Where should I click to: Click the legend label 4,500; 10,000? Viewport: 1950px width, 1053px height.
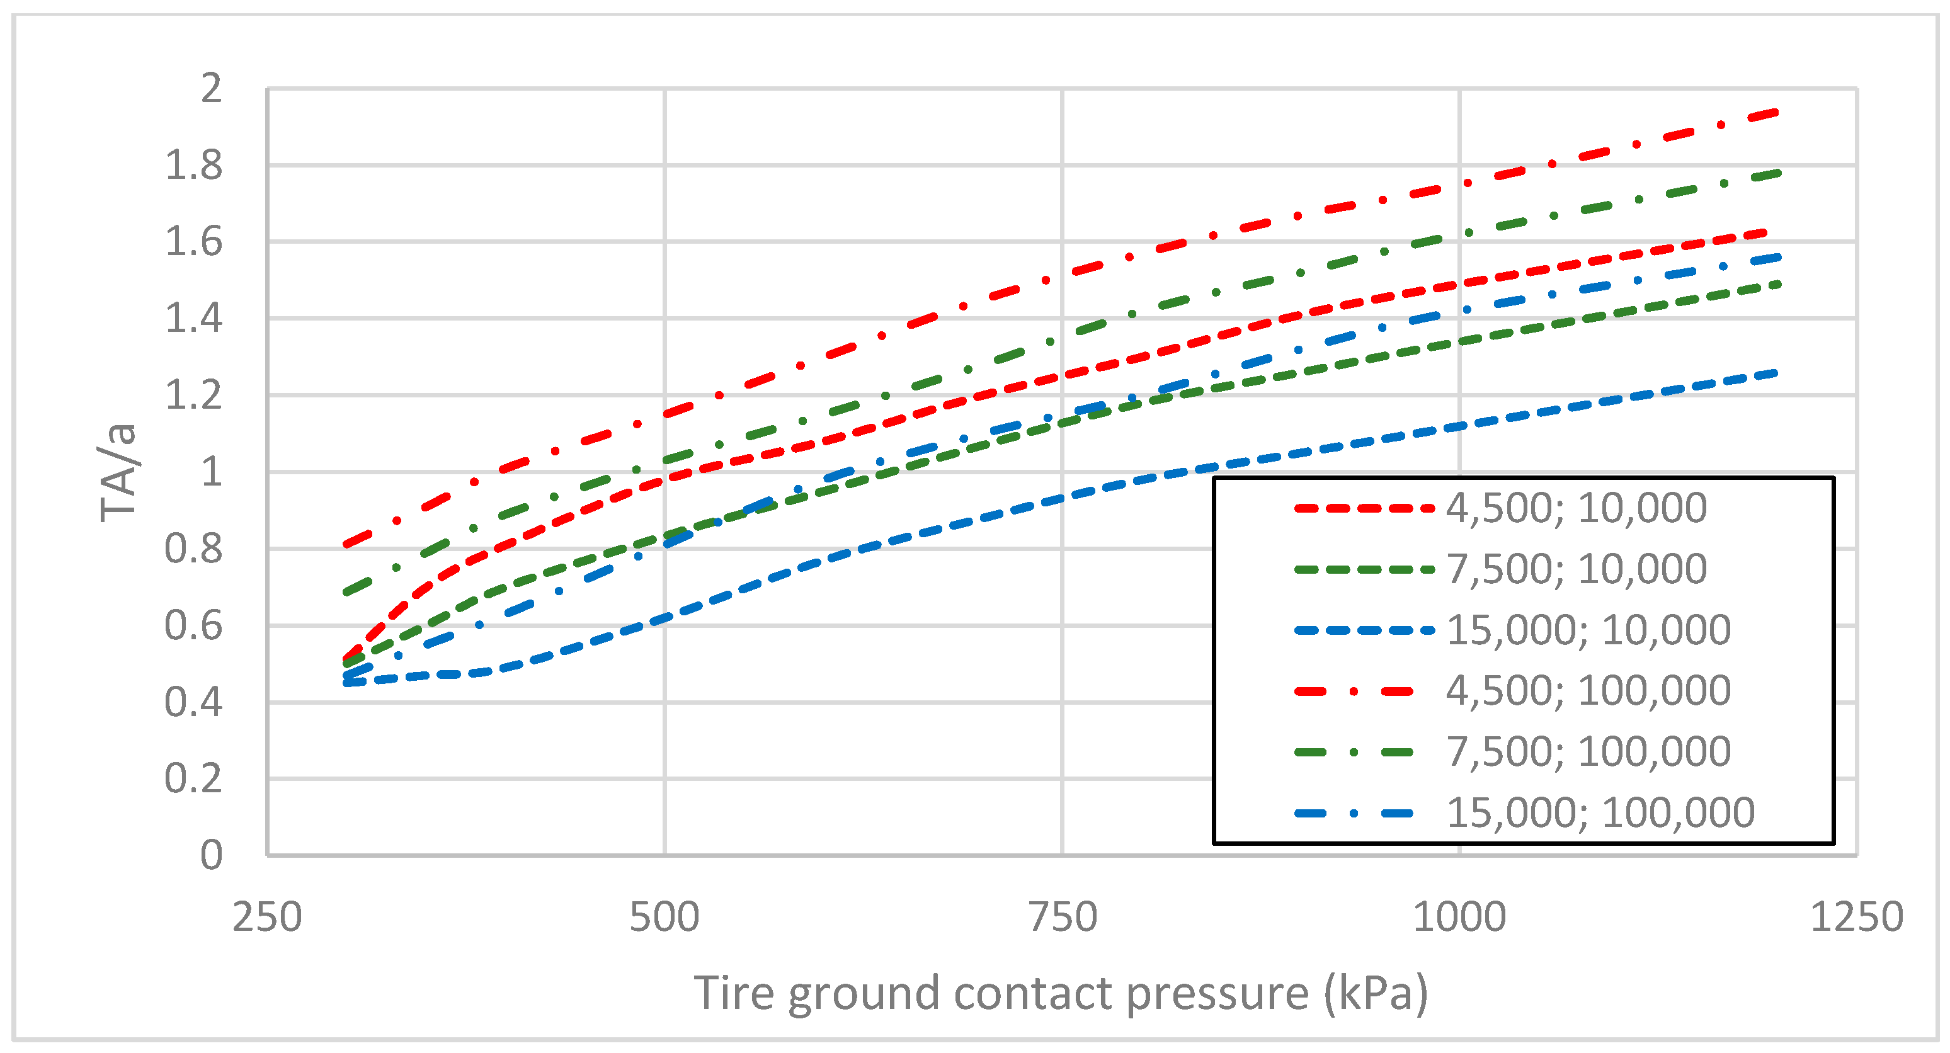pos(1576,508)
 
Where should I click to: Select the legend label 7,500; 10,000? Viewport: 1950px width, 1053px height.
pos(1576,569)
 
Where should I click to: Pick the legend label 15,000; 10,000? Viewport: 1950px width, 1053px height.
pos(1588,630)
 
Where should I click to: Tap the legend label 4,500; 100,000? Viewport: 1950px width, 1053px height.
pos(1588,690)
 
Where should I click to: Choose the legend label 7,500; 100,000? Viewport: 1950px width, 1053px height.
pos(1588,752)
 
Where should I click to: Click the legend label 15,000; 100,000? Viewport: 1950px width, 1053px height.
pos(1600,813)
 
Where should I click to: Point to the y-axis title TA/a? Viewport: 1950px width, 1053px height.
pos(119,473)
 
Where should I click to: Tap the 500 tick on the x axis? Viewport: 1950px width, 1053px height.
pos(664,918)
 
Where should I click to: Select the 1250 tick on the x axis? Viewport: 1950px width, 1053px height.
pos(1856,918)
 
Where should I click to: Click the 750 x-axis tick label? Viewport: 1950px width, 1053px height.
pos(1062,918)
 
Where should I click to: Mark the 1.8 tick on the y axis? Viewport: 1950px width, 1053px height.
pos(194,165)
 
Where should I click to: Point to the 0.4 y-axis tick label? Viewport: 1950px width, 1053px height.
pos(194,702)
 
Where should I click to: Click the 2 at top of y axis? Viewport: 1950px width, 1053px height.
pos(211,89)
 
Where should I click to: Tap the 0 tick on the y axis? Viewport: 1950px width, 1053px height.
pos(211,855)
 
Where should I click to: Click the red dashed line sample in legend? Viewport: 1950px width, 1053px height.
pos(1362,508)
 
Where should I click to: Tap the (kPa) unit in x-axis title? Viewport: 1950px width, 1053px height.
pos(1376,993)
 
